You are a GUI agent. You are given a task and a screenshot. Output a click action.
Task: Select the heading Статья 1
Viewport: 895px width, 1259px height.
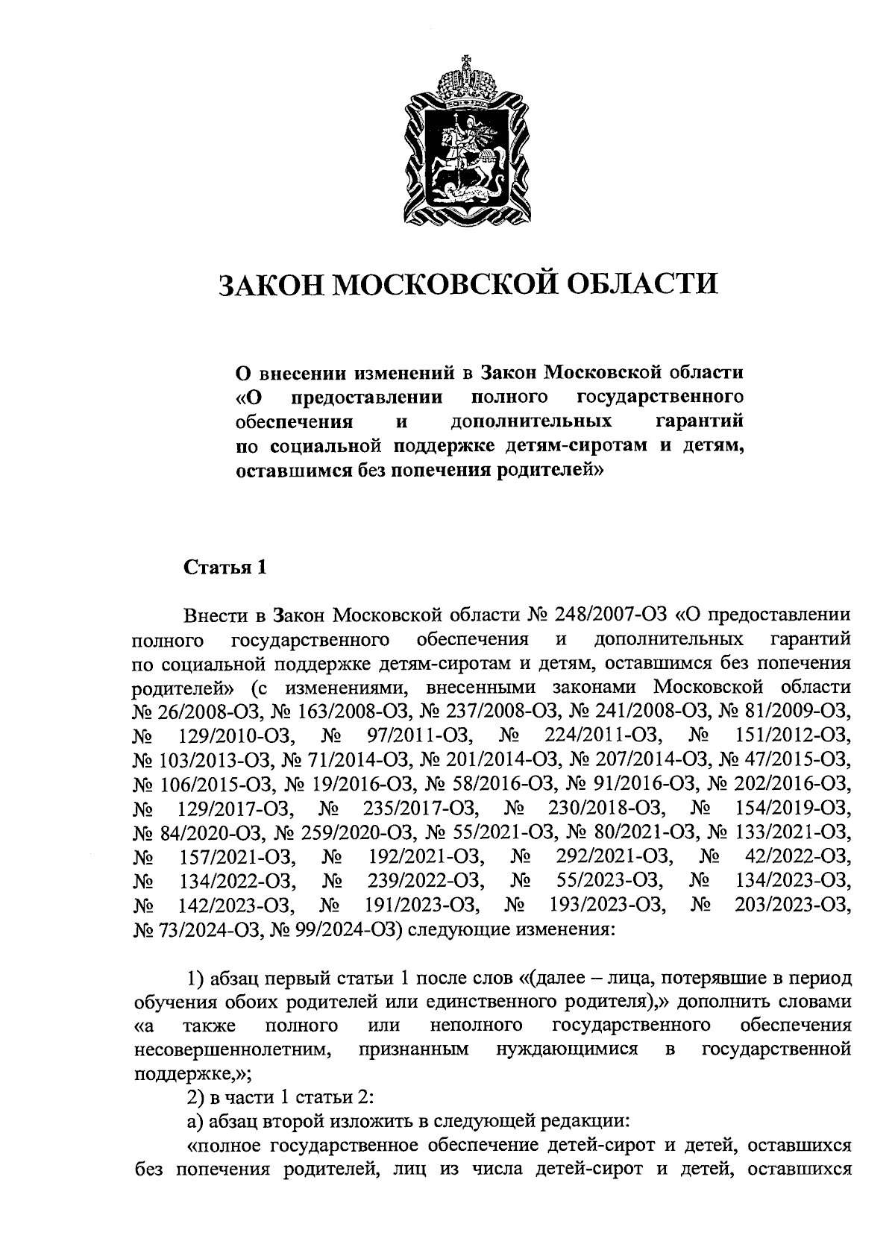click(x=224, y=568)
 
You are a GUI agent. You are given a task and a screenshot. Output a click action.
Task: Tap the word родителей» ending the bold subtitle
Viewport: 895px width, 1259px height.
click(x=550, y=471)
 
